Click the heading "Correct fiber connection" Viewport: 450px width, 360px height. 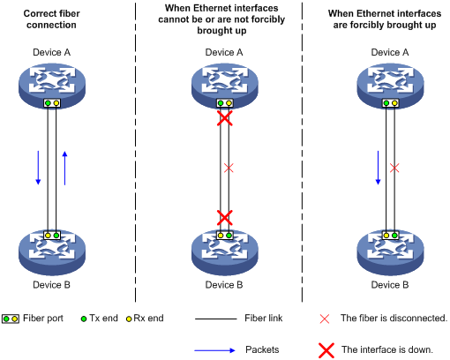pos(51,19)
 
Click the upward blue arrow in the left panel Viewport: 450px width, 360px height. pos(64,168)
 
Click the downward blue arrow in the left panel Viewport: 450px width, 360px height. pos(38,168)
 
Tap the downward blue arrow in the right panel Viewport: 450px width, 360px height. pos(378,168)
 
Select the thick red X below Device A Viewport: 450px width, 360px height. pos(225,118)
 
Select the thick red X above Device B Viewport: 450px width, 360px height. pos(225,218)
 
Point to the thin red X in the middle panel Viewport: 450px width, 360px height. pos(229,169)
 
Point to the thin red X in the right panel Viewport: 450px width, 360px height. pos(394,169)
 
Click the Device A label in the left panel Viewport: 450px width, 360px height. pos(51,52)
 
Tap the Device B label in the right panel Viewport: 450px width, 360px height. pos(390,285)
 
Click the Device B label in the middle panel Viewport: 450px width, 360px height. pos(224,285)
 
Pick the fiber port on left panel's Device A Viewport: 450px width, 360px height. pos(52,103)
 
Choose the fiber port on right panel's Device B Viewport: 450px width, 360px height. pos(390,236)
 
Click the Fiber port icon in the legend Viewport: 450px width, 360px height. pos(11,319)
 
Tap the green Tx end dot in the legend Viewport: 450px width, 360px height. pos(84,319)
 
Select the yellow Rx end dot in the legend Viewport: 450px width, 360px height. pos(129,319)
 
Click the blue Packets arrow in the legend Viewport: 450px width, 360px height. pos(214,350)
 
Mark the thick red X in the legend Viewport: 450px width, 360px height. pos(326,350)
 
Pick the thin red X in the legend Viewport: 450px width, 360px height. pos(325,319)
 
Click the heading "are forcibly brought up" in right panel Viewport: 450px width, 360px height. pos(385,25)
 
